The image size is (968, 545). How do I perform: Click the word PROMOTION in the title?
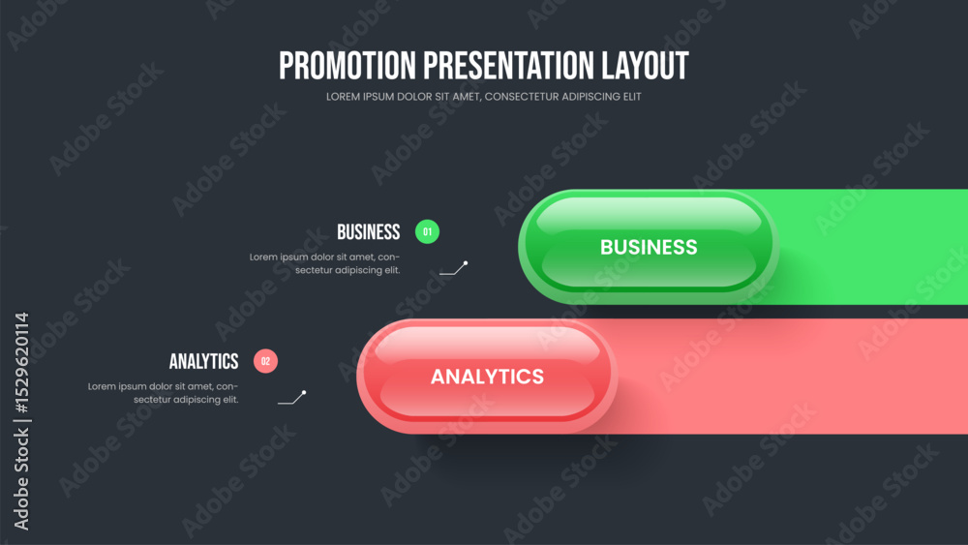[348, 66]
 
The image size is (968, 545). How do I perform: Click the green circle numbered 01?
[427, 232]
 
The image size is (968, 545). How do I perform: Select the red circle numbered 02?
[265, 361]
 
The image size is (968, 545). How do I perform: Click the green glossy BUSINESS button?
[649, 247]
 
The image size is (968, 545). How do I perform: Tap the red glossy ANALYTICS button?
[487, 377]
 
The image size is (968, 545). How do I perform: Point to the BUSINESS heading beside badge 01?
[369, 232]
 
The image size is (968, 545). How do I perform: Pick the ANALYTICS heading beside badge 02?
[203, 361]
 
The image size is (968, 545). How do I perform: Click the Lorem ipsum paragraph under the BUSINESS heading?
[324, 263]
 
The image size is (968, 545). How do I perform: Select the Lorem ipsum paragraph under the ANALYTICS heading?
[163, 393]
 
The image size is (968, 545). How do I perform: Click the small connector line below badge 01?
[454, 268]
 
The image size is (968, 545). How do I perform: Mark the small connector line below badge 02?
[292, 398]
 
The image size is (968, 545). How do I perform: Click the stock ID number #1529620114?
[21, 363]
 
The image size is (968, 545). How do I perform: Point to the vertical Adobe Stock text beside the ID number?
[21, 479]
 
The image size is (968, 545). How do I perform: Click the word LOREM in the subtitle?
[342, 97]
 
